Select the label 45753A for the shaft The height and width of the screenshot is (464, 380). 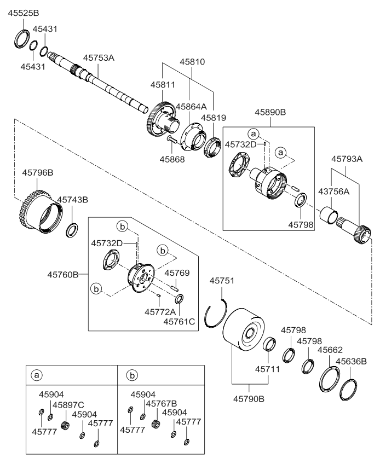point(99,57)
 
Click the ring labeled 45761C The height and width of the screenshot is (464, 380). point(179,299)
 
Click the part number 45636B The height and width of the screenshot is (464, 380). point(351,361)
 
